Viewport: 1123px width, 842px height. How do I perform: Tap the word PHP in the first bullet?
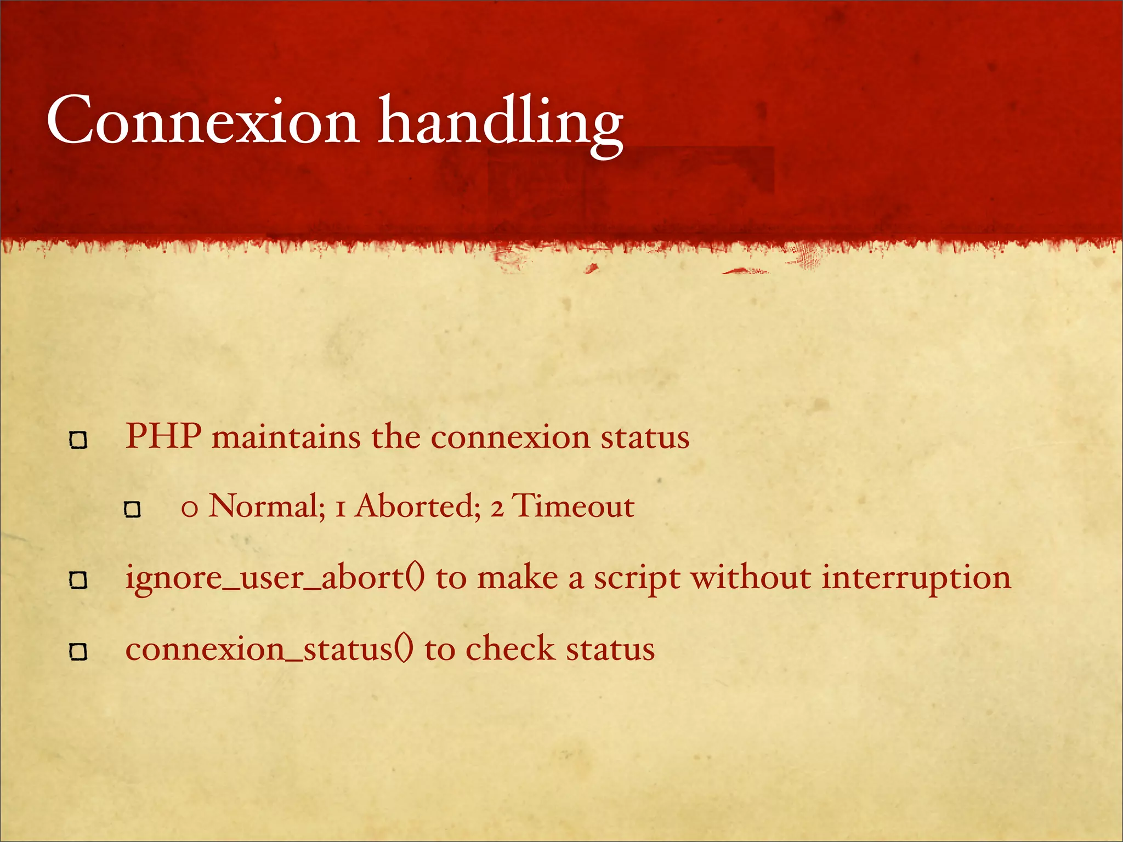pyautogui.click(x=163, y=437)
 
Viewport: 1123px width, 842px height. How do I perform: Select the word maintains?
pyautogui.click(x=286, y=438)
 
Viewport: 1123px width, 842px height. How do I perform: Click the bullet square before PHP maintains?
pyautogui.click(x=78, y=440)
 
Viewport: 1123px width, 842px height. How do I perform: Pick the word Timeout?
pyautogui.click(x=573, y=506)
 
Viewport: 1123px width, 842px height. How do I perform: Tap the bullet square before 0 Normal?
pyautogui.click(x=132, y=510)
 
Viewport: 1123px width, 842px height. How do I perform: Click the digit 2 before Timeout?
pyautogui.click(x=497, y=508)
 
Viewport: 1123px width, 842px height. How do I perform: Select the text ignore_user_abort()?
pyautogui.click(x=275, y=579)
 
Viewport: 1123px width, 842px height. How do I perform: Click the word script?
pyautogui.click(x=637, y=580)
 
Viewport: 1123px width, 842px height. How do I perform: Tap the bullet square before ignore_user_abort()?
pyautogui.click(x=78, y=580)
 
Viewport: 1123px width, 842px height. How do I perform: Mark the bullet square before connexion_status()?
pyautogui.click(x=78, y=652)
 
